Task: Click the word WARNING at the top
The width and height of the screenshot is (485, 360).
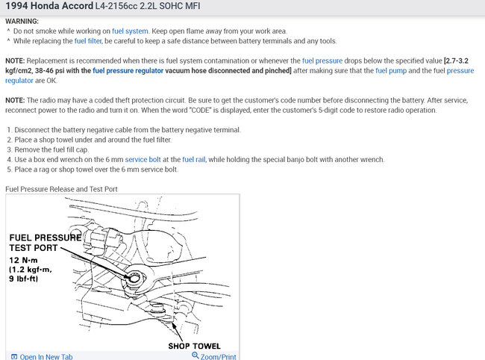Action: pyautogui.click(x=22, y=21)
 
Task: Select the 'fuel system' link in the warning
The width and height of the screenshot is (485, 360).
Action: pyautogui.click(x=130, y=31)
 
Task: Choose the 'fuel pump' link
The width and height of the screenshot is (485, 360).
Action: pyautogui.click(x=391, y=71)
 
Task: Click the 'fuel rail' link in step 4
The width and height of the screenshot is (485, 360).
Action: pyautogui.click(x=195, y=159)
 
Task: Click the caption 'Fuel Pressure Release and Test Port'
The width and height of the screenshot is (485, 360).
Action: pyautogui.click(x=61, y=189)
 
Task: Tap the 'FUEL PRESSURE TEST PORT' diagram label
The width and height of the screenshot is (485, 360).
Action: pyautogui.click(x=45, y=243)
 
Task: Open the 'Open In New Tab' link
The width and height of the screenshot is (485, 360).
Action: pyautogui.click(x=46, y=357)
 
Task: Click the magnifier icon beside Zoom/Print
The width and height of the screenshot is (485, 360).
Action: pyautogui.click(x=195, y=356)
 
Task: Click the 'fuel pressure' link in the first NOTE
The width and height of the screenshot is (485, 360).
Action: pyautogui.click(x=323, y=60)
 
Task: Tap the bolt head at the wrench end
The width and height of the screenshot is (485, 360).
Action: pyautogui.click(x=134, y=278)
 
